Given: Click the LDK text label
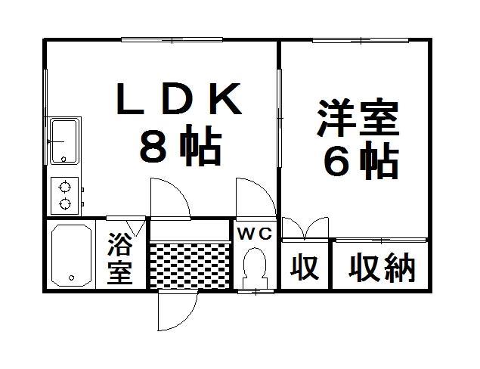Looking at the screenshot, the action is point(178,98).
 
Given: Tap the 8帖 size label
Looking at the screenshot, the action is point(181,145).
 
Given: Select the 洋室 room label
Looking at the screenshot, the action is point(358,117).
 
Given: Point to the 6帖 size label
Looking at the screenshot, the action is point(361,160).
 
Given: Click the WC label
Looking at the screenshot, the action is point(255,234).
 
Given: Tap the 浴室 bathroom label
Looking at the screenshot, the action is point(119,259).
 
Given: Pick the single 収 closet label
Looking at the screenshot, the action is point(305,267).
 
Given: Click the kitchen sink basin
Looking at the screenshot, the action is point(64,141).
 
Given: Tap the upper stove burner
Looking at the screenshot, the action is point(65,187).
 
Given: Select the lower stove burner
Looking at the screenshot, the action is point(65,203).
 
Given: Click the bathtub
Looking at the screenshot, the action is point(72,255).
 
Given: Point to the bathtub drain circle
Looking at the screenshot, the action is point(72,278).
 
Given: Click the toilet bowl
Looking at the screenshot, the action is point(255,263).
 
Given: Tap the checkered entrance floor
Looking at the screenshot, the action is point(190,265).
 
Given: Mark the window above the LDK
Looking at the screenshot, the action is point(172,40).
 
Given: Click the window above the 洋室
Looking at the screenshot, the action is point(361,40).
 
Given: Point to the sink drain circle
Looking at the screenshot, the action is point(63,159).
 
